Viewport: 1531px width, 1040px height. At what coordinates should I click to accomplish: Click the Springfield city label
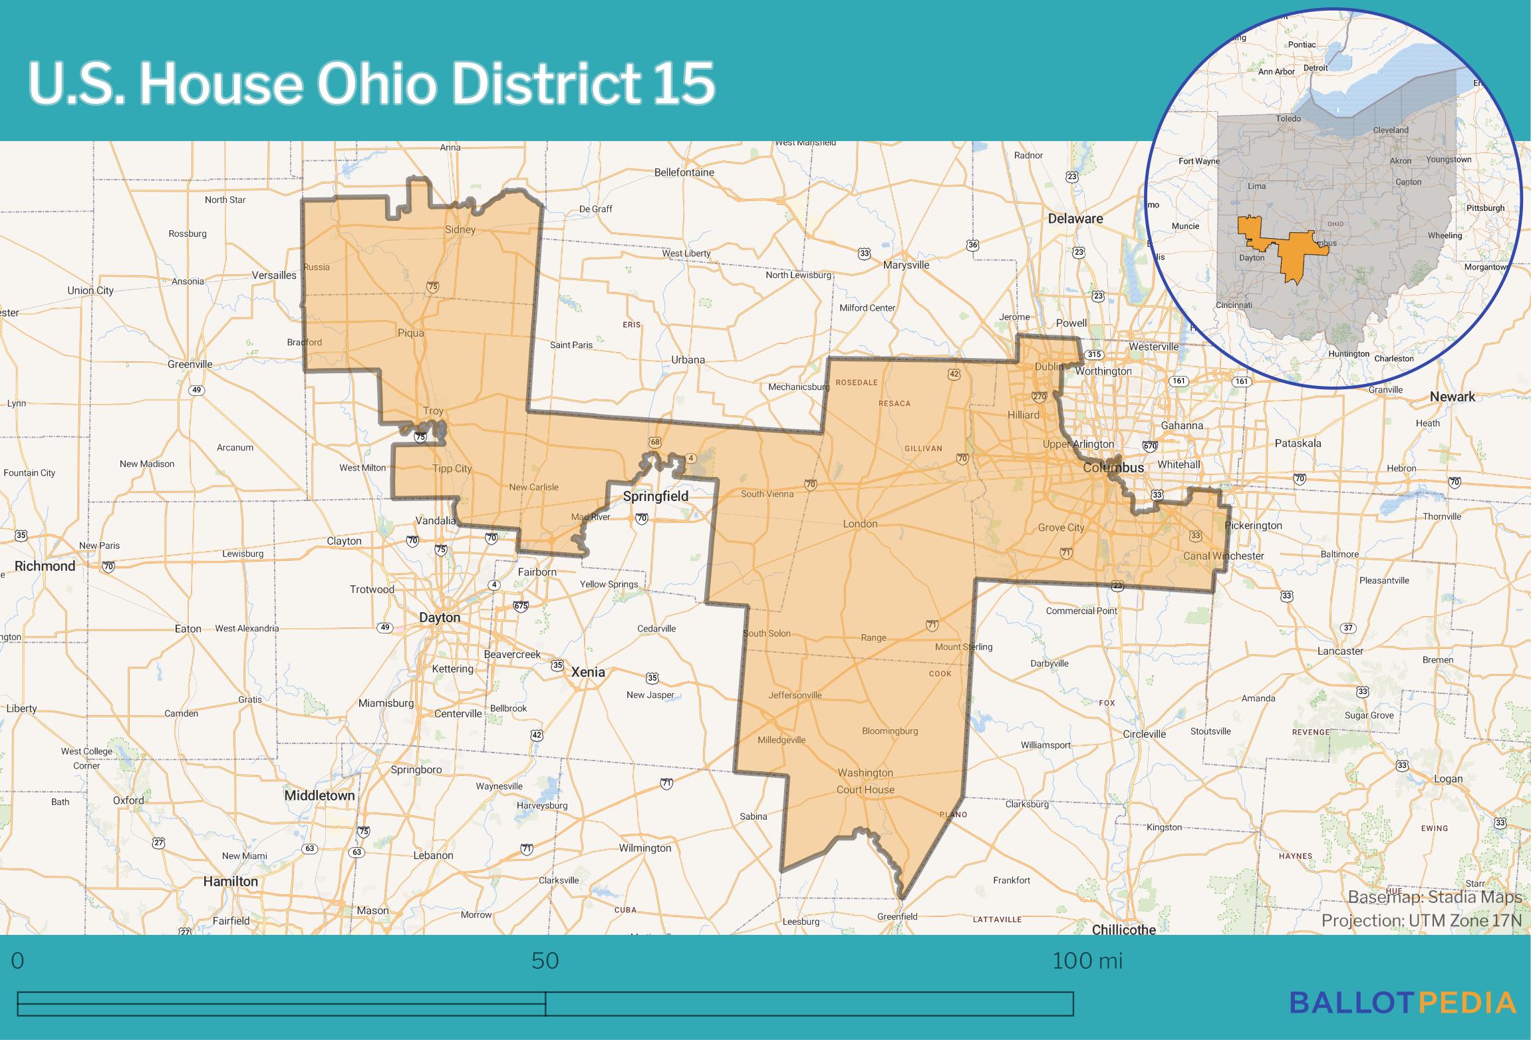pos(655,496)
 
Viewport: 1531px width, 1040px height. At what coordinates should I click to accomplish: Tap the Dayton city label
pos(439,617)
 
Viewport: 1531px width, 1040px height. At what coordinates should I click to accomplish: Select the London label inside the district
pos(860,524)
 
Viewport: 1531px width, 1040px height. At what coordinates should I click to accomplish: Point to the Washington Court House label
pos(865,781)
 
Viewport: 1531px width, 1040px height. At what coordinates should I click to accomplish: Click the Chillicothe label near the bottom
pos(1123,930)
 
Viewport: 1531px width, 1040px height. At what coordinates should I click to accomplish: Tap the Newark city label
pos(1452,397)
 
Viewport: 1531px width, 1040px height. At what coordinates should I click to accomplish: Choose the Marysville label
pos(906,265)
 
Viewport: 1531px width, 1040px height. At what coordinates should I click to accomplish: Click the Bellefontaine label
pos(684,172)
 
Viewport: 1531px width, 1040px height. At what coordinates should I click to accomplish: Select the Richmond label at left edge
pos(45,566)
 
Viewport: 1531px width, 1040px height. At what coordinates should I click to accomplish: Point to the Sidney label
pos(460,230)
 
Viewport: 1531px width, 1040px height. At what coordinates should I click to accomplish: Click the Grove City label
pos(1061,528)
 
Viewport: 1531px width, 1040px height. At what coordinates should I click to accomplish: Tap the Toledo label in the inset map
pos(1288,118)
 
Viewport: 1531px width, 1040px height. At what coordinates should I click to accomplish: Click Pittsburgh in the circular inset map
pos(1485,208)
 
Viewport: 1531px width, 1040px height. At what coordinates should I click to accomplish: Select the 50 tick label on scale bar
pos(545,961)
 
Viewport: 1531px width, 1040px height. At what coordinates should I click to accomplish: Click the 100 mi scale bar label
pos(1087,961)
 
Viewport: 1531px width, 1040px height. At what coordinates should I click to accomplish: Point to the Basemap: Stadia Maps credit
pos(1435,897)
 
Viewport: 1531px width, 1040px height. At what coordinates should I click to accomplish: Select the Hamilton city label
pos(230,881)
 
